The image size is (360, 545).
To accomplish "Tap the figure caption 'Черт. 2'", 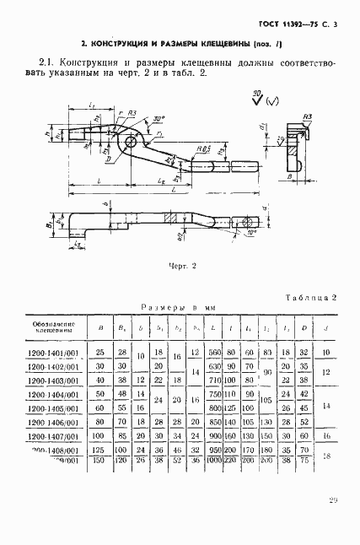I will (x=180, y=266).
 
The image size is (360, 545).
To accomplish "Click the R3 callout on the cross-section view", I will (x=309, y=118).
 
